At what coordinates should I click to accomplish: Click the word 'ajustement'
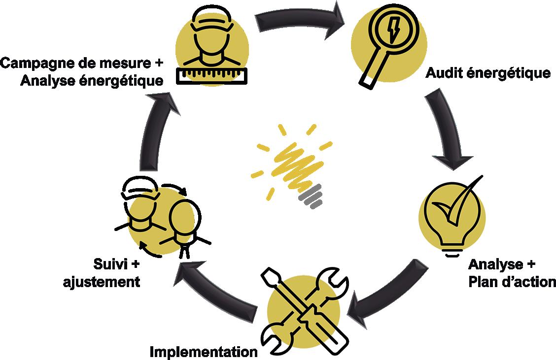[x=102, y=282]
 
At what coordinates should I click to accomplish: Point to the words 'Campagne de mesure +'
[x=81, y=63]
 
